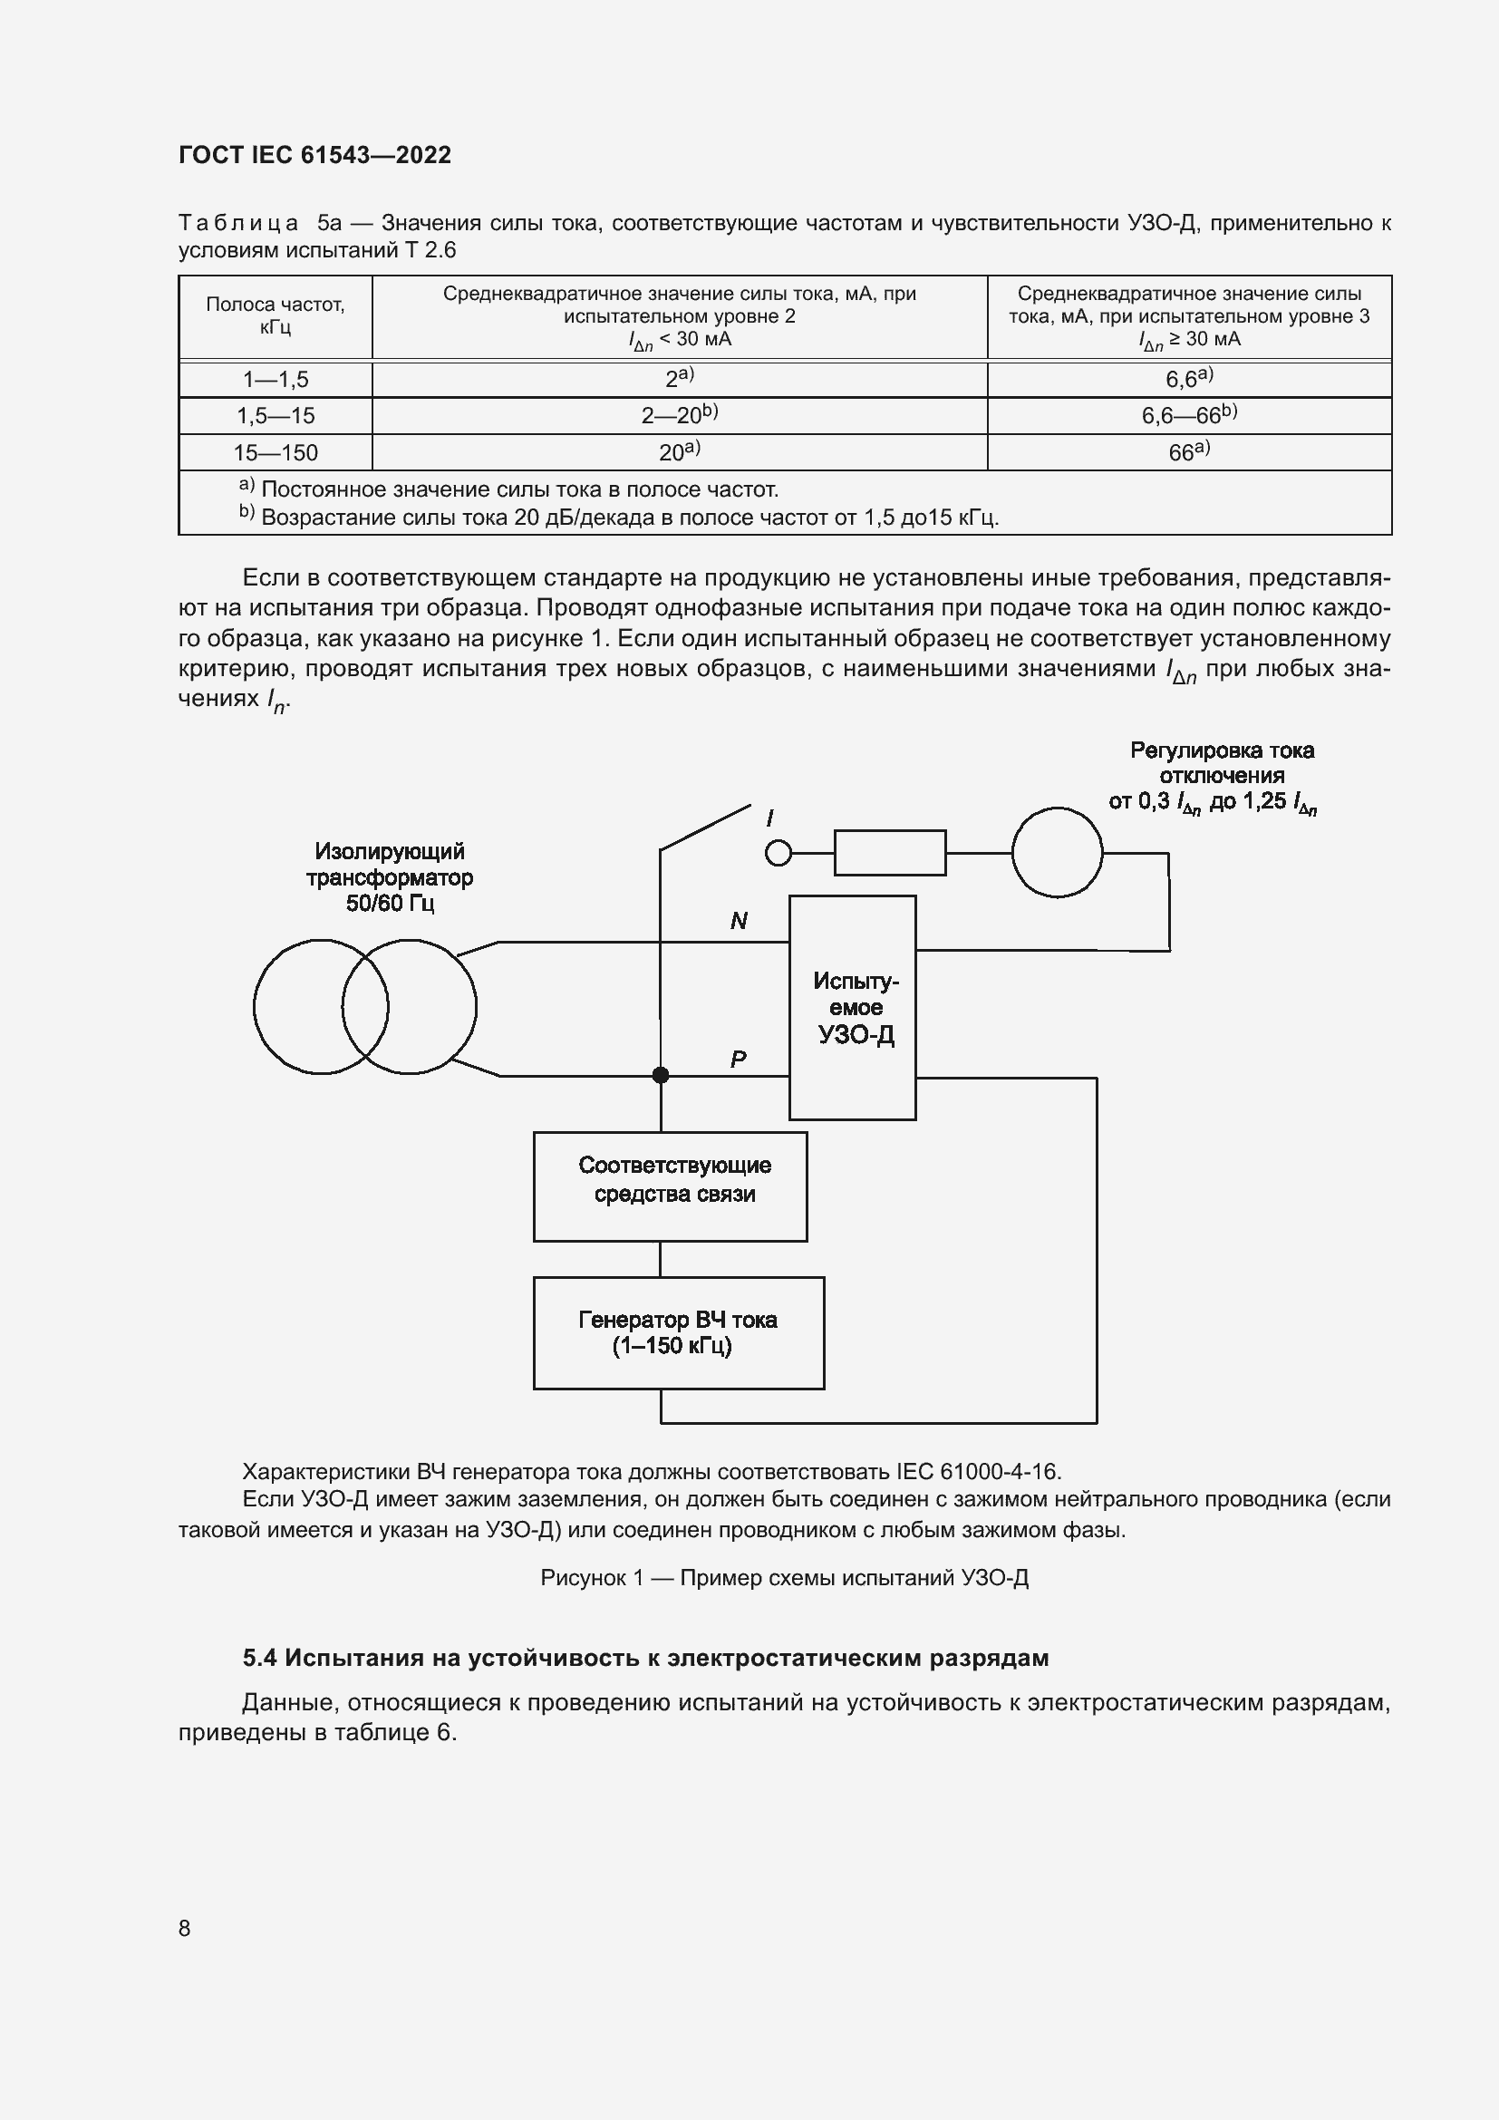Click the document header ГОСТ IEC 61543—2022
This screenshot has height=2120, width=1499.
pyautogui.click(x=314, y=155)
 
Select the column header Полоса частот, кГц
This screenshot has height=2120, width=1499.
pyautogui.click(x=276, y=315)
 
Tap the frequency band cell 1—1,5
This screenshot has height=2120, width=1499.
pyautogui.click(x=276, y=380)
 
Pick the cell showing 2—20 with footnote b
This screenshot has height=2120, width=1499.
pyautogui.click(x=680, y=415)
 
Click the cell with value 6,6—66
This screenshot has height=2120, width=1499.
pyautogui.click(x=1188, y=415)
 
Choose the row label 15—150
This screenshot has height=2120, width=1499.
pyautogui.click(x=276, y=453)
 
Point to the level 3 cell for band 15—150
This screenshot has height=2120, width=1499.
pyautogui.click(x=1188, y=452)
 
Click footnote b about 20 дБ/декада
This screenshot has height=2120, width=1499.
pyautogui.click(x=618, y=517)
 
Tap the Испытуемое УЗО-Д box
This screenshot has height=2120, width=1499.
pyautogui.click(x=852, y=1007)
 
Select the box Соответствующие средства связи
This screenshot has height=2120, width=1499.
pyautogui.click(x=670, y=1186)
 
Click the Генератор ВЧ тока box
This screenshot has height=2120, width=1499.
pyautogui.click(x=679, y=1332)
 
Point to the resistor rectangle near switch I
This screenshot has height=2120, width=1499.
pyautogui.click(x=890, y=852)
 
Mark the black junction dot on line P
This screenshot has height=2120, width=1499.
pyautogui.click(x=661, y=1075)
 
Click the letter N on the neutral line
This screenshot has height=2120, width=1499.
pyautogui.click(x=739, y=921)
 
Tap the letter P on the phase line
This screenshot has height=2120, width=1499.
pyautogui.click(x=739, y=1059)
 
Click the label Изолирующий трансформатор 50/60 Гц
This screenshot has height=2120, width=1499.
pyautogui.click(x=390, y=877)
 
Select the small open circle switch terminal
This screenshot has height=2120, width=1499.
pyautogui.click(x=779, y=853)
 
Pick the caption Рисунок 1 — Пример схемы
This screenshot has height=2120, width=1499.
pyautogui.click(x=784, y=1578)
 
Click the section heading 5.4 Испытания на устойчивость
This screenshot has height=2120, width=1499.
pyautogui.click(x=645, y=1658)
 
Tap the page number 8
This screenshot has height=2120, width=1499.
pyautogui.click(x=185, y=1928)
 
